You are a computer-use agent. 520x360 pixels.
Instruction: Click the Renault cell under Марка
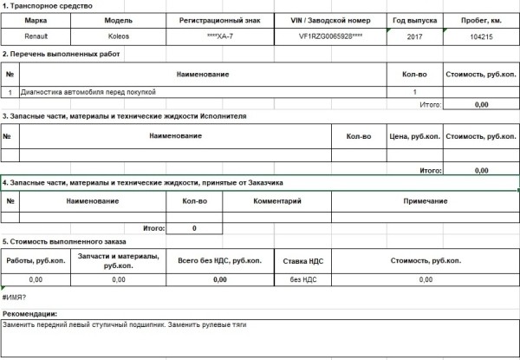point(36,37)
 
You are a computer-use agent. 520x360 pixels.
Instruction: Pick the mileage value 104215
point(481,37)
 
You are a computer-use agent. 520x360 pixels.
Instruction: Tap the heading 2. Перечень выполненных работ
point(61,55)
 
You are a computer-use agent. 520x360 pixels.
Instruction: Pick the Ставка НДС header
point(303,259)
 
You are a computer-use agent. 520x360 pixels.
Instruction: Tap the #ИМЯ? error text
point(15,297)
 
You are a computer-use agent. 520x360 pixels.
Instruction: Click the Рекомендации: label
point(30,313)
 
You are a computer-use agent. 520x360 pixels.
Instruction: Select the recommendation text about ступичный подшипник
point(126,324)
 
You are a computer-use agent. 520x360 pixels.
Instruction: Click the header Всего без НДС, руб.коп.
point(214,259)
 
